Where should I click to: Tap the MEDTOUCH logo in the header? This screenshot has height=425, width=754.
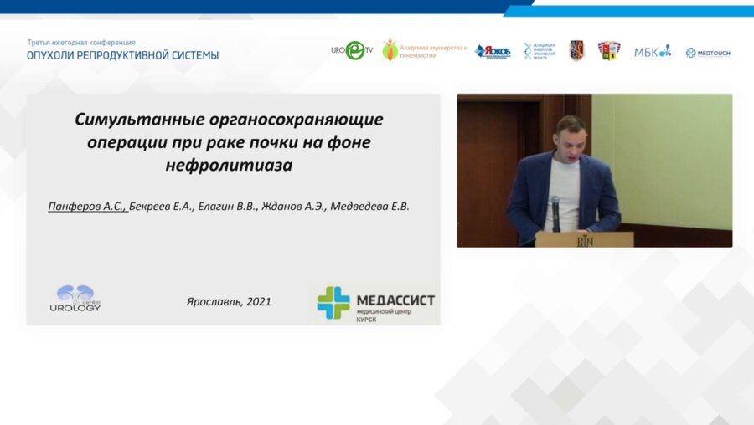(x=708, y=53)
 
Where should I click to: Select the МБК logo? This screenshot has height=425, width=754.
(x=652, y=52)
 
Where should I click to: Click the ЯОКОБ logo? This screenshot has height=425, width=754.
(x=492, y=52)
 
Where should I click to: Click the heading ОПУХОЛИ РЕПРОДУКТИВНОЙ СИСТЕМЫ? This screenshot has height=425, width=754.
(x=122, y=55)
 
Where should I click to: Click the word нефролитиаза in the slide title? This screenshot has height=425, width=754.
(x=229, y=165)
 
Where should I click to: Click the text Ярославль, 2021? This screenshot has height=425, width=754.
(x=228, y=301)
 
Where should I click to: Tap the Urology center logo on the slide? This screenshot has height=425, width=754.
(x=75, y=298)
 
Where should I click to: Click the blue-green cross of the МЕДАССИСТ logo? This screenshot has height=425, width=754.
(x=333, y=303)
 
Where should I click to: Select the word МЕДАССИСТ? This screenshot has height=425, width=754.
(x=395, y=300)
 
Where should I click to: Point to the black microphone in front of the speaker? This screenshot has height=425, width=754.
(x=555, y=209)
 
